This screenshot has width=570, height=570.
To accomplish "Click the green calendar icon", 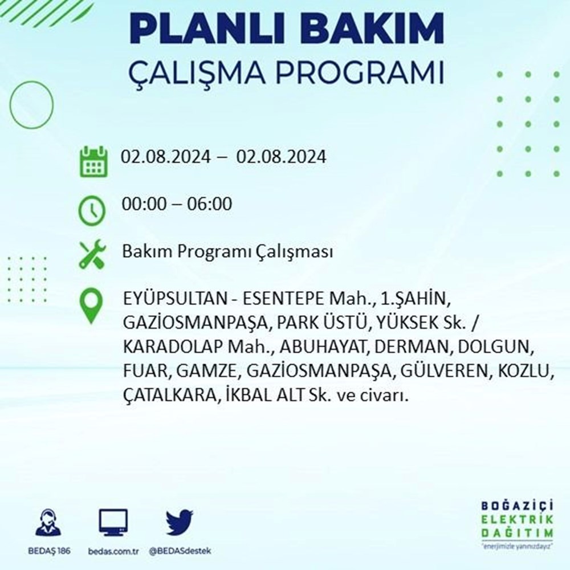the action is [93, 161].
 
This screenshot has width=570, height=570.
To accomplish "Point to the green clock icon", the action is [92, 210].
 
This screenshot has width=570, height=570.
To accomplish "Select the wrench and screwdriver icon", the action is [92, 254].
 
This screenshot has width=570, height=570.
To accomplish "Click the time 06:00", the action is [209, 203].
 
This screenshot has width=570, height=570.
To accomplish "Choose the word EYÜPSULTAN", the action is [175, 299].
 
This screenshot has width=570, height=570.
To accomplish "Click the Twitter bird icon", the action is [180, 522].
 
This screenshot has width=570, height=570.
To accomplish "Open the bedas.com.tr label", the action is [113, 551].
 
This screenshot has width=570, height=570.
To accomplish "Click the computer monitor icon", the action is [113, 523].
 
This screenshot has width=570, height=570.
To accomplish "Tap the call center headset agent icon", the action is [48, 522].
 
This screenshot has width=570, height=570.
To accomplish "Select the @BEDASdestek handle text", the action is [180, 551].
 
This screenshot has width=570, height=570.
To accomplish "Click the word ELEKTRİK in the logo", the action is [517, 519].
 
